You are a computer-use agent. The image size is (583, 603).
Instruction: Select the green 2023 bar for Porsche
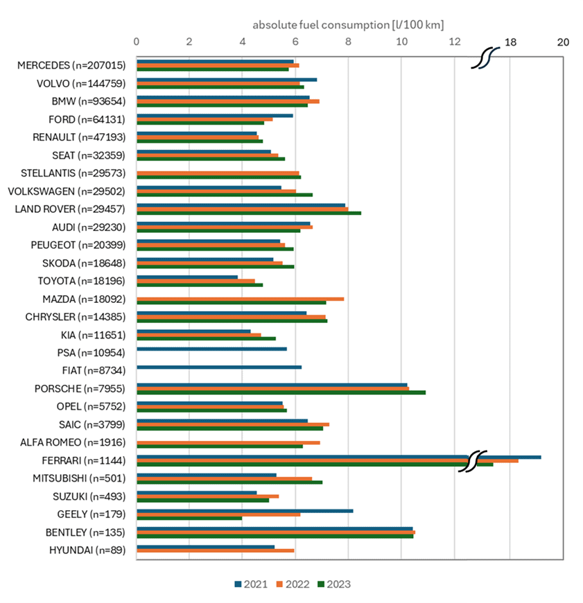click(x=281, y=392)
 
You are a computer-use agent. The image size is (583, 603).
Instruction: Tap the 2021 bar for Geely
click(x=245, y=511)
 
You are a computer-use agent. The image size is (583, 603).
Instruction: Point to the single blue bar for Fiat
click(x=219, y=367)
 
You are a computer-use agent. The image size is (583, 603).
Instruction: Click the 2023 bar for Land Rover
click(x=248, y=213)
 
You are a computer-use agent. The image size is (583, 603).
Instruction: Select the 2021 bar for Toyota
click(x=187, y=277)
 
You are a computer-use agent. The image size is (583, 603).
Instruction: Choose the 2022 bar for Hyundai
click(x=216, y=551)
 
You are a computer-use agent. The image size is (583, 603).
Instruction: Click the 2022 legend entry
click(x=292, y=584)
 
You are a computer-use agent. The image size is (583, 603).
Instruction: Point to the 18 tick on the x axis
click(x=510, y=42)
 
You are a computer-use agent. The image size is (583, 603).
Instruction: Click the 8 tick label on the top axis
click(x=348, y=42)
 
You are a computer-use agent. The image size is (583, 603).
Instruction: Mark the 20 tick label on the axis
click(x=563, y=42)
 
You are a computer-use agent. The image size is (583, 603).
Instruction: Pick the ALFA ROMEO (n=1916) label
click(x=76, y=442)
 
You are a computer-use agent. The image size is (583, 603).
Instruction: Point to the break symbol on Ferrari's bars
click(x=473, y=460)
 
